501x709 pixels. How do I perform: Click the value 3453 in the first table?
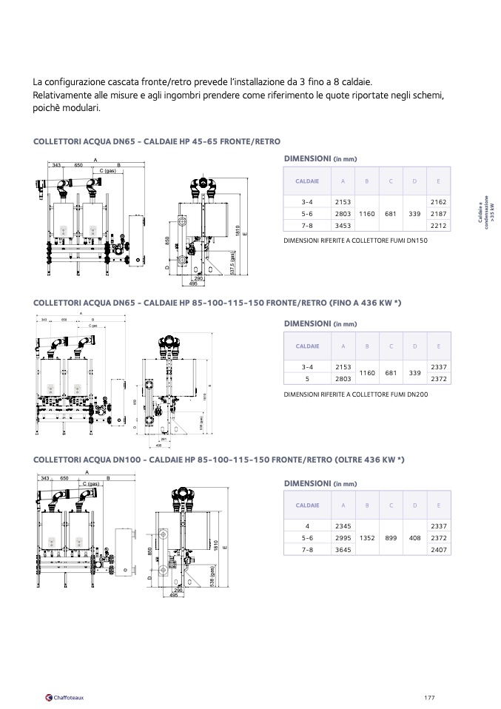[343, 225]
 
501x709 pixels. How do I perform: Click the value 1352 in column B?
[367, 538]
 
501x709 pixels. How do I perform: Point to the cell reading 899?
[391, 538]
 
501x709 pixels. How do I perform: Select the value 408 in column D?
[414, 538]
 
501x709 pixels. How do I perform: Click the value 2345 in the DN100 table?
[343, 526]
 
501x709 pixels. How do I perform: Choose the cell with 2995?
[343, 538]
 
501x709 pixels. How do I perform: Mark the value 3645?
[343, 550]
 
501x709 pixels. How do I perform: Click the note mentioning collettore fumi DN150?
[356, 241]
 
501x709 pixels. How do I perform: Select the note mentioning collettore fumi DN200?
[356, 394]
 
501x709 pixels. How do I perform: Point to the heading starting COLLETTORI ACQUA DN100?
[219, 460]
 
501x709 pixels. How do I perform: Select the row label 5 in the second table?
[308, 378]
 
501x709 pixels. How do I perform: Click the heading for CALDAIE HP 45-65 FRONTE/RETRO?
[157, 141]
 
